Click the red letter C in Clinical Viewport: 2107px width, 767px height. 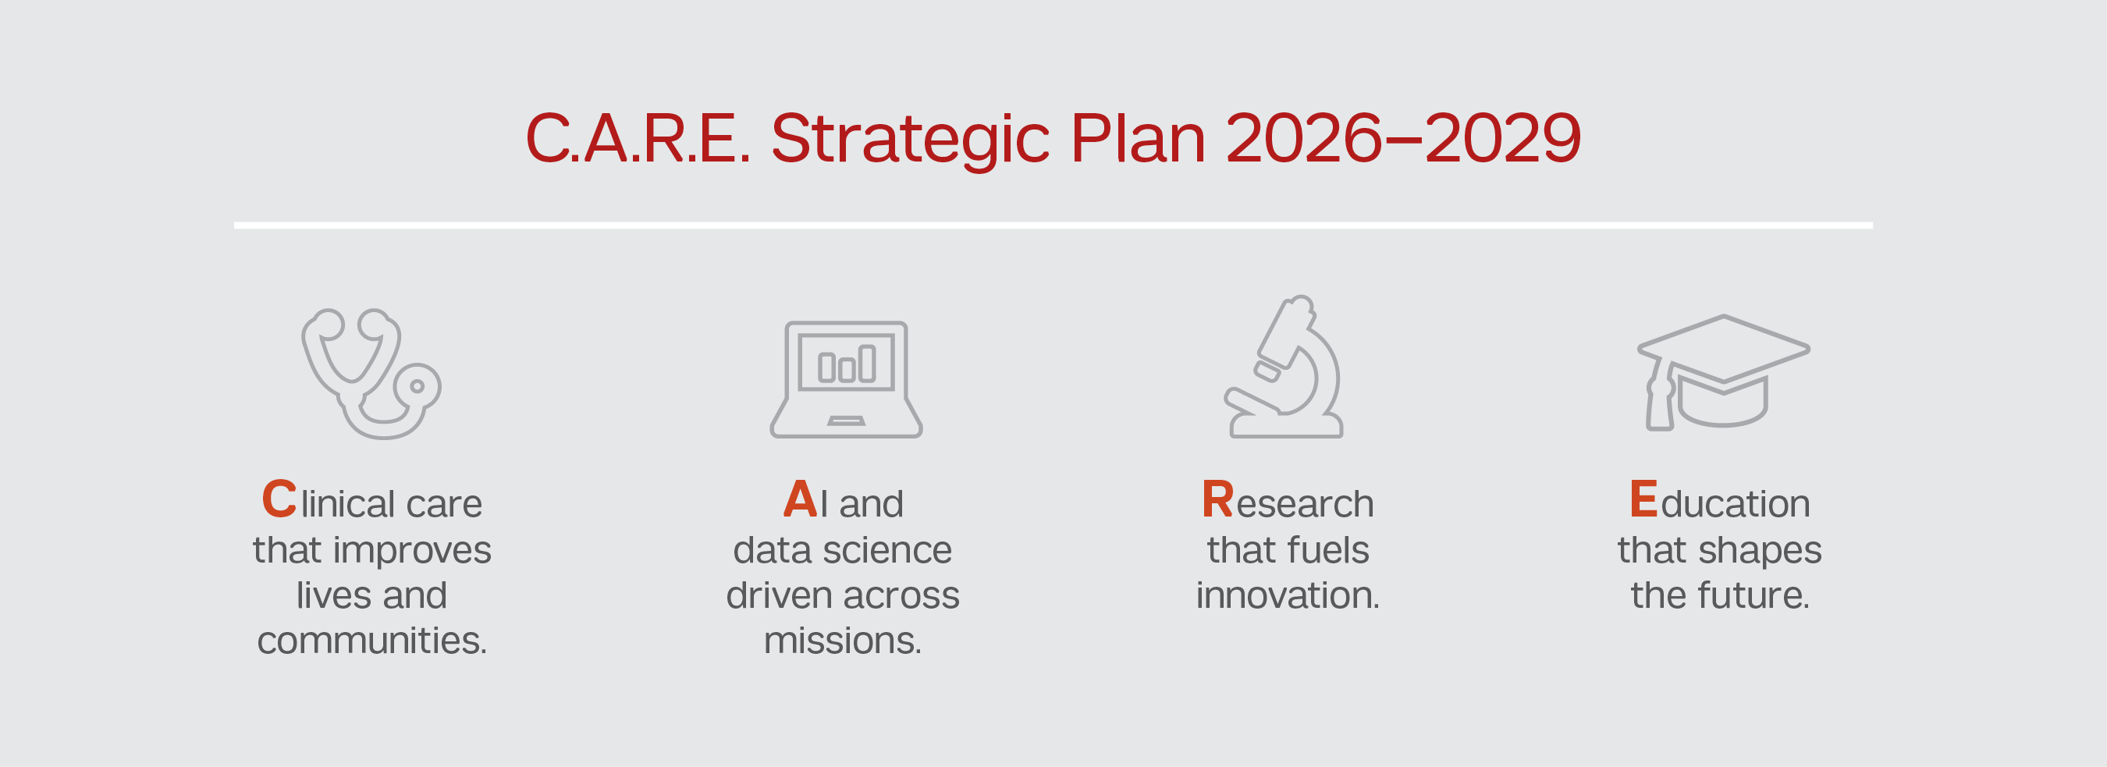click(279, 499)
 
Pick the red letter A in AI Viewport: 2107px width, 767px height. click(800, 499)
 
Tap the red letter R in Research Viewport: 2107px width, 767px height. click(1218, 499)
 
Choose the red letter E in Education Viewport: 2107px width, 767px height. click(1643, 499)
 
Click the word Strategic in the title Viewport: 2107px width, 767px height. click(911, 140)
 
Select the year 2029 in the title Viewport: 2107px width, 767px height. click(1502, 138)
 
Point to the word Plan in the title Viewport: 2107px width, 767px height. click(1138, 138)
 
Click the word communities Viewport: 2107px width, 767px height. click(371, 641)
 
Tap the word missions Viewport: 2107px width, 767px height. click(843, 641)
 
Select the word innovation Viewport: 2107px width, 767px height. click(1288, 595)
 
